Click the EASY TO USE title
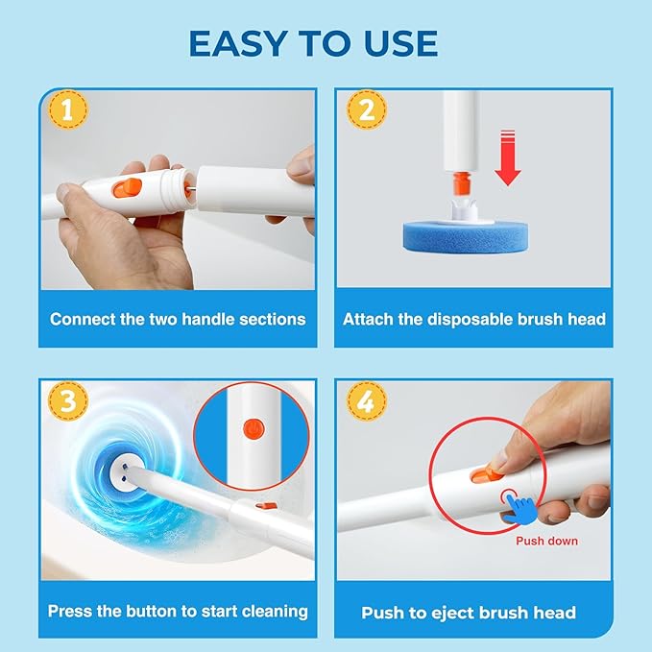click(313, 43)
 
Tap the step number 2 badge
click(362, 110)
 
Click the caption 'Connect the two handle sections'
click(177, 318)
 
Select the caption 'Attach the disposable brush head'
click(474, 318)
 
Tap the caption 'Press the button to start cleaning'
click(178, 611)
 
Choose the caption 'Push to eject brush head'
click(469, 612)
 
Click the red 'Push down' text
click(546, 541)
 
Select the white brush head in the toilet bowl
click(120, 471)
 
